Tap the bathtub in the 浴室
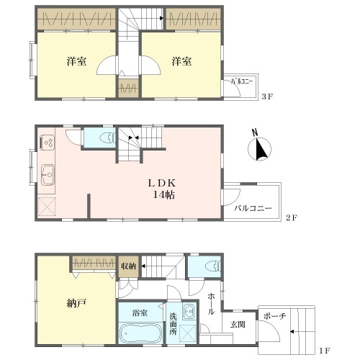tap(140, 333)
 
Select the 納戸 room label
tap(76, 303)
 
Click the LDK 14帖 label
tap(162, 189)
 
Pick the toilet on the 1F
tap(213, 266)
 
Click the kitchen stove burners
tap(48, 143)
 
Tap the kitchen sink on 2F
tap(48, 175)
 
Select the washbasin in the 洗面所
tap(189, 311)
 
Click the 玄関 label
tap(238, 325)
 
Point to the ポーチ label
tap(274, 316)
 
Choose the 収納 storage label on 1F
tap(128, 266)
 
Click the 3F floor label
tap(267, 96)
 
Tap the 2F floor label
tap(292, 218)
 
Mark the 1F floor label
tap(325, 351)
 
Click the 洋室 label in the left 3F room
tap(76, 61)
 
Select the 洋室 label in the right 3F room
tap(181, 61)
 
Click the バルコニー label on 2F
tap(253, 208)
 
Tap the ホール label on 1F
tap(211, 303)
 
